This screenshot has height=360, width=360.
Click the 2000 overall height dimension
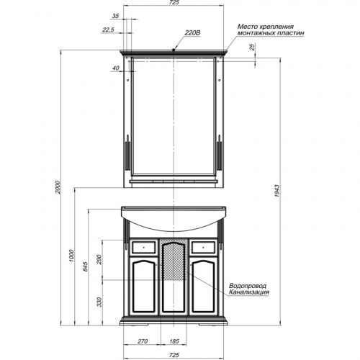coord(58,187)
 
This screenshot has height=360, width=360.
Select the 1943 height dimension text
coord(276,191)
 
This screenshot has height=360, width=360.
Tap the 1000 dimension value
coord(72,256)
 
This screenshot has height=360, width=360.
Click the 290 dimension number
coord(99,259)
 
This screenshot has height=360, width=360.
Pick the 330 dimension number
coord(99,302)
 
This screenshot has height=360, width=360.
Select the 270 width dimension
coord(143,341)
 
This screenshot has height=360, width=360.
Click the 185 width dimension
coord(174,341)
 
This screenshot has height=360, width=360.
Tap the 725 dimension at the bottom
coord(174,355)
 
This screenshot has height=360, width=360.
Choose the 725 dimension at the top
coord(174,3)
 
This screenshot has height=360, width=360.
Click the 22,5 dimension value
coord(108,30)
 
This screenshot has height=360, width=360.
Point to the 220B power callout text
coord(192,33)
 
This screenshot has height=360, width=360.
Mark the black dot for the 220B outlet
coord(174,50)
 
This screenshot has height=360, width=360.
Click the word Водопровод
coord(248,286)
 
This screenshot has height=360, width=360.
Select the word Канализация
coord(249,292)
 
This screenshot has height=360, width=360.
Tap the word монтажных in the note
coord(256,33)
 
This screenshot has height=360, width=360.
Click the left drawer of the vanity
coord(144,247)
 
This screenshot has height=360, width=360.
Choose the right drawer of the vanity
coord(203,247)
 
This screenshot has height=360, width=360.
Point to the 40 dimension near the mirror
coord(116,68)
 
